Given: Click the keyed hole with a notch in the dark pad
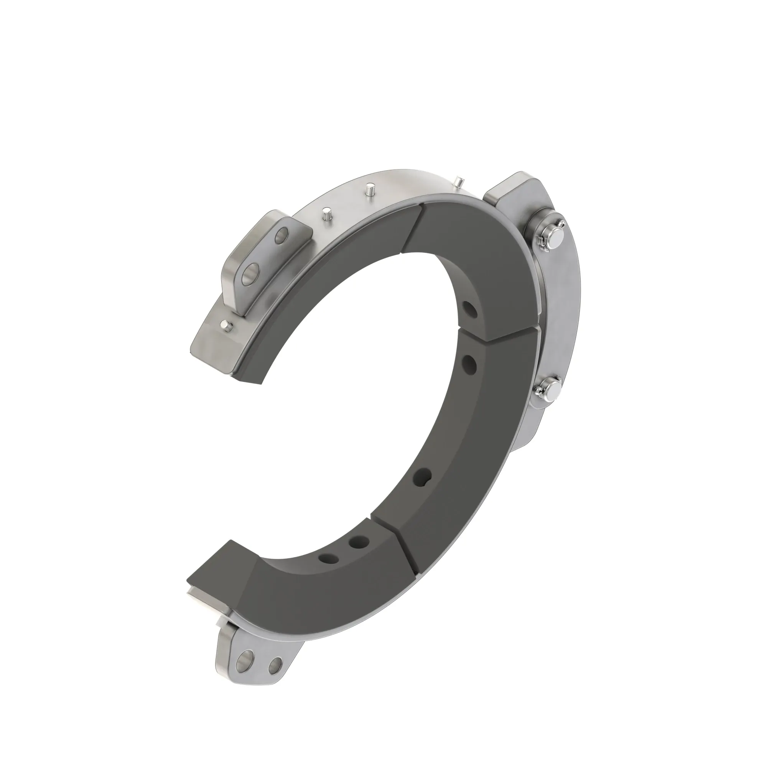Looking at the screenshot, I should (422, 477).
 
